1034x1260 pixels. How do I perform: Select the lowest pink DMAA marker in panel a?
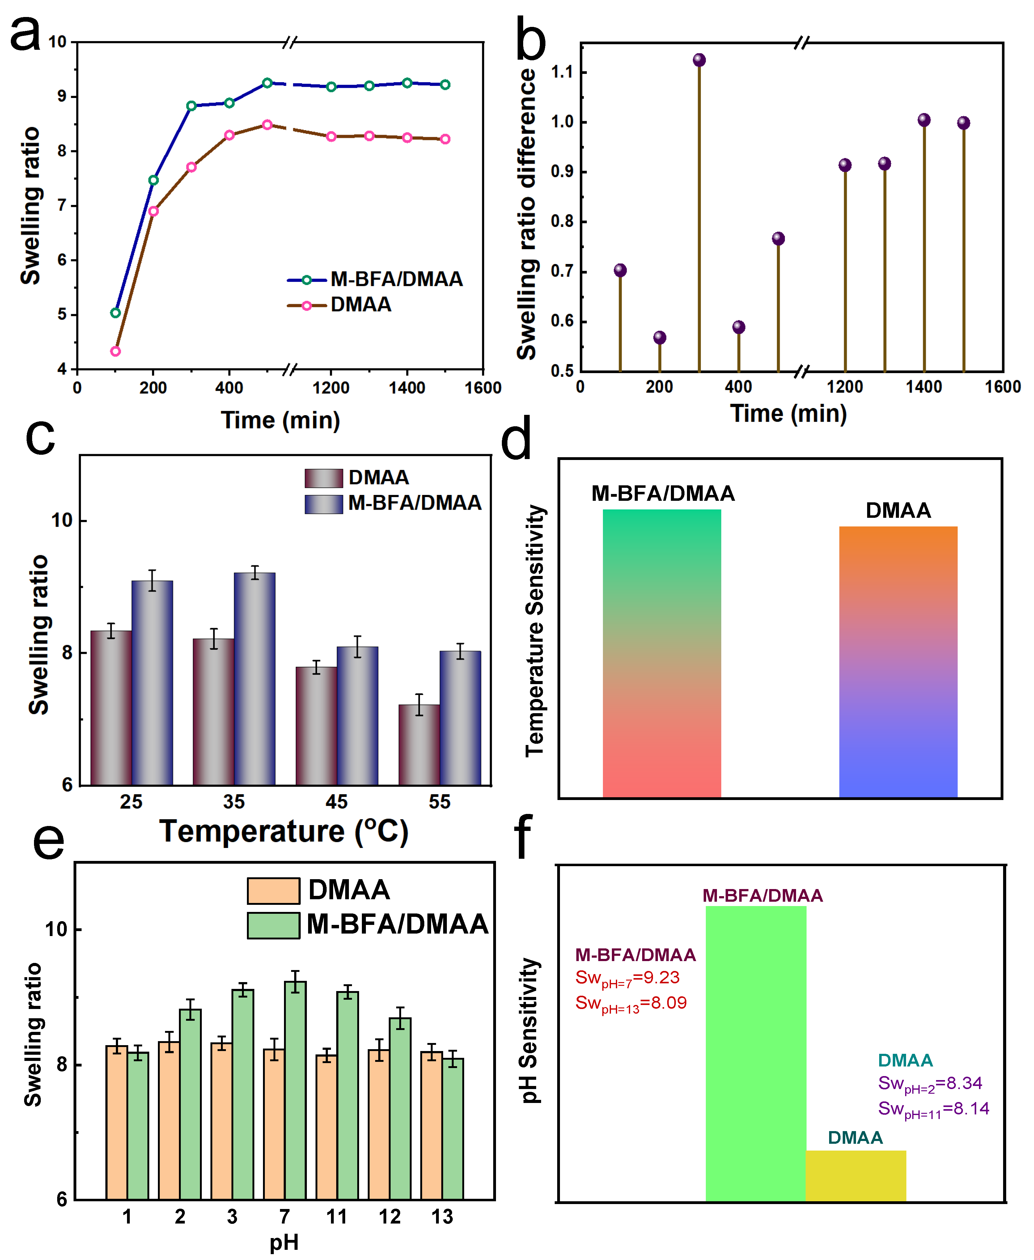pos(116,351)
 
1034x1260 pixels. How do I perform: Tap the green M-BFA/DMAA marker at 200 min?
pos(153,180)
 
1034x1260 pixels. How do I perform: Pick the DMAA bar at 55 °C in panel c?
pos(419,745)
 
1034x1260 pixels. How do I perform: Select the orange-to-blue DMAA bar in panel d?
pos(898,661)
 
